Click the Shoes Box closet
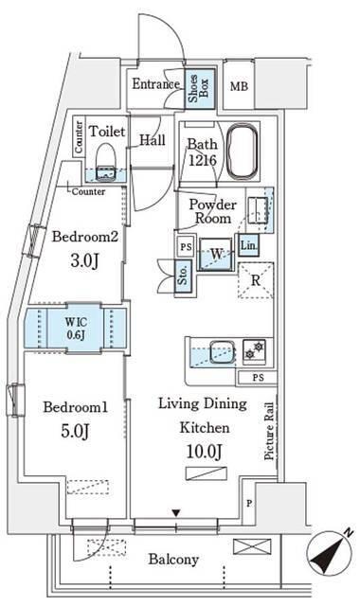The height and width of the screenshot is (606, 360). click(x=199, y=88)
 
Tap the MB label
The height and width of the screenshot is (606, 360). click(x=239, y=86)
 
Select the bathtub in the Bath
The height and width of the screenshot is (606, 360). click(x=243, y=151)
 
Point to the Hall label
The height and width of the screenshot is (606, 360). click(x=153, y=139)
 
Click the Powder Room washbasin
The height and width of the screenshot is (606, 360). click(x=257, y=210)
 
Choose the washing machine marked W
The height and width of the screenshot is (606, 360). click(x=216, y=254)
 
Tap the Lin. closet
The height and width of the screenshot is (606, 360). click(x=248, y=245)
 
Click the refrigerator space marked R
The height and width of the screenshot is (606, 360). click(x=256, y=280)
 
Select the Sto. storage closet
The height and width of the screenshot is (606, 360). click(x=183, y=276)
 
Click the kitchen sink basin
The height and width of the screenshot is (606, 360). click(x=222, y=351)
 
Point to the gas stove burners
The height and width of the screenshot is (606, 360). click(x=254, y=350)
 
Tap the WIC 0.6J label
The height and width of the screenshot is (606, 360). click(x=76, y=329)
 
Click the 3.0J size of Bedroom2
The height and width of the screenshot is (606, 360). click(x=84, y=261)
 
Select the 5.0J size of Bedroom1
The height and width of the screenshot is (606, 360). click(x=75, y=431)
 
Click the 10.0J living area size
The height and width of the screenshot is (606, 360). click(x=205, y=451)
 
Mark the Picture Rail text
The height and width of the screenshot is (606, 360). click(x=269, y=431)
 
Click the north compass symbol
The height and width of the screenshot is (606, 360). click(x=330, y=553)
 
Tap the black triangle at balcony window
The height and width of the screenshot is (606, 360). click(x=176, y=513)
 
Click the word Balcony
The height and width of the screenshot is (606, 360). click(x=173, y=560)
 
